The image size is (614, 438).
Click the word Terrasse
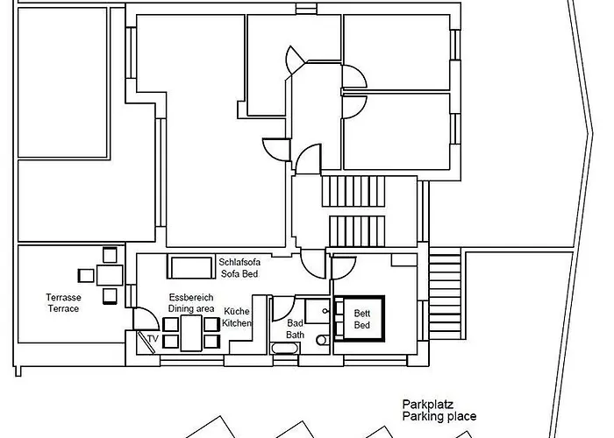pos(63,297)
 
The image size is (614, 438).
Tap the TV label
pos(153,339)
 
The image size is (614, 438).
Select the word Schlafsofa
pos(239,262)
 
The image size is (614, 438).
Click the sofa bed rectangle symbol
pos(191,266)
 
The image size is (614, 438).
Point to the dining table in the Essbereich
pos(191,333)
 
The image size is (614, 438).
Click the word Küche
pos(237,311)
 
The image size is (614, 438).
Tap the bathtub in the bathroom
pos(284,348)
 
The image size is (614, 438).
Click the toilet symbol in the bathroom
pos(323,340)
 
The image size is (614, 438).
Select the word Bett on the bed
pos(361,314)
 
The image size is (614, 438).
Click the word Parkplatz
pos(428,405)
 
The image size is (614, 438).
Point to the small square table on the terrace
pos(110,275)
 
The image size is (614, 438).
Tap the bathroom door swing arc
pos(283,308)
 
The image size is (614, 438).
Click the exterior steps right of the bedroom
pos(445,296)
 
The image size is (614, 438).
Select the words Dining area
pos(191,308)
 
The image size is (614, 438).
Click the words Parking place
pos(439,416)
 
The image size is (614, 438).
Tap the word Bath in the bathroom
pos(295,335)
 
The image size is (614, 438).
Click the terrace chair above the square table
pos(110,255)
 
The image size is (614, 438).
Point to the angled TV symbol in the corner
pos(146,343)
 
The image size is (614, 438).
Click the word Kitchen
pos(237,323)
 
